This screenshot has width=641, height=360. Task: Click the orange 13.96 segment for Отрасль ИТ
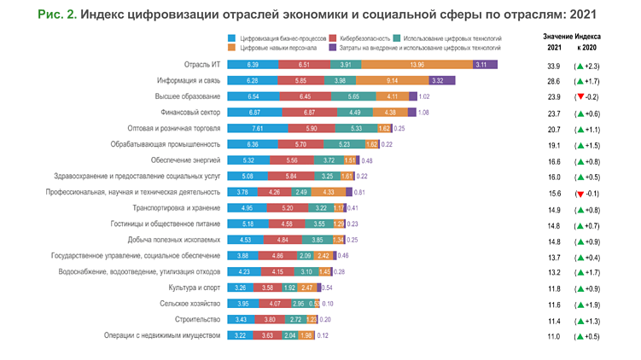click(417, 65)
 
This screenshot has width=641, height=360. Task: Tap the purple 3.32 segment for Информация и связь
click(437, 80)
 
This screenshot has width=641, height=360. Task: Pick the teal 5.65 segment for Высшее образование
click(353, 96)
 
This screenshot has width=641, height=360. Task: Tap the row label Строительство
click(198, 320)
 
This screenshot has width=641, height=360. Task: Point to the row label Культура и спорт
click(194, 287)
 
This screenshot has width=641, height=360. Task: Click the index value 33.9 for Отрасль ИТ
click(554, 66)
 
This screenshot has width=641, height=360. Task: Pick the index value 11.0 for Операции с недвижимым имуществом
click(554, 336)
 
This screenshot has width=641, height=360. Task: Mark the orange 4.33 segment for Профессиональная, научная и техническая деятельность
click(329, 192)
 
